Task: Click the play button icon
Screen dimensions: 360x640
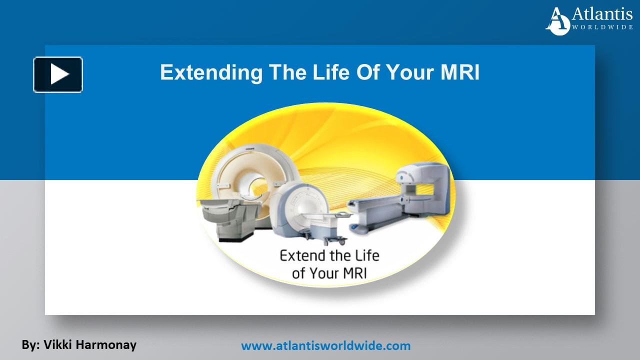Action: [58, 74]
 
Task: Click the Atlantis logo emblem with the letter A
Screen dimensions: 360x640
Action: [558, 21]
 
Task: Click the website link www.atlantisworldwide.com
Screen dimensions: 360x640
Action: [326, 345]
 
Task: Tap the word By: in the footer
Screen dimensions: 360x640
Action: [30, 344]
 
